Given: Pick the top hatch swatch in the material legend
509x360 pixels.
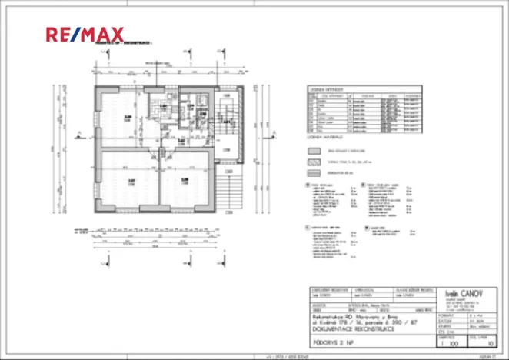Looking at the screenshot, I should pos(313,152).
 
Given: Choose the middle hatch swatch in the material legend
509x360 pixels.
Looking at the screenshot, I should pos(313,162).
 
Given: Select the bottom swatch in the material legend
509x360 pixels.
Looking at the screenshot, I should pos(313,173).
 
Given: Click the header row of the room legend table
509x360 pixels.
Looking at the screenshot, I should pos(354,96).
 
